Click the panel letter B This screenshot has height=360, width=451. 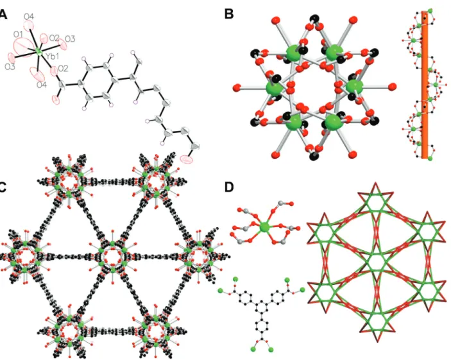tap(228, 14)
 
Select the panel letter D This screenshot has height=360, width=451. tap(229, 187)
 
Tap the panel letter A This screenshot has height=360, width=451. tap(3, 14)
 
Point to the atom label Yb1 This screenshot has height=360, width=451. tap(52, 56)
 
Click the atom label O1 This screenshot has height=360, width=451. tap(18, 35)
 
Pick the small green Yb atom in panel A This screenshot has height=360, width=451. tap(38, 53)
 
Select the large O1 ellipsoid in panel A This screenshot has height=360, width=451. tap(23, 47)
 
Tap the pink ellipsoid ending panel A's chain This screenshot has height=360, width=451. tap(187, 159)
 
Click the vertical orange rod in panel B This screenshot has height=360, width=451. tap(425, 85)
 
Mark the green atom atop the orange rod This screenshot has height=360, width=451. tap(430, 11)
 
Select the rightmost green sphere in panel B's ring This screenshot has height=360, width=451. tap(354, 86)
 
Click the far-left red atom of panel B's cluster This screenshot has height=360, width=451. tap(237, 87)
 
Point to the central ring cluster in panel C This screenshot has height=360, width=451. tap(112, 256)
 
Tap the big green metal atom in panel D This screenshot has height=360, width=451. tap(265, 228)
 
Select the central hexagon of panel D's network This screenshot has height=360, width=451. tap(376, 262)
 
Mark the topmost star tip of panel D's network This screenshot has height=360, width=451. tap(375, 182)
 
